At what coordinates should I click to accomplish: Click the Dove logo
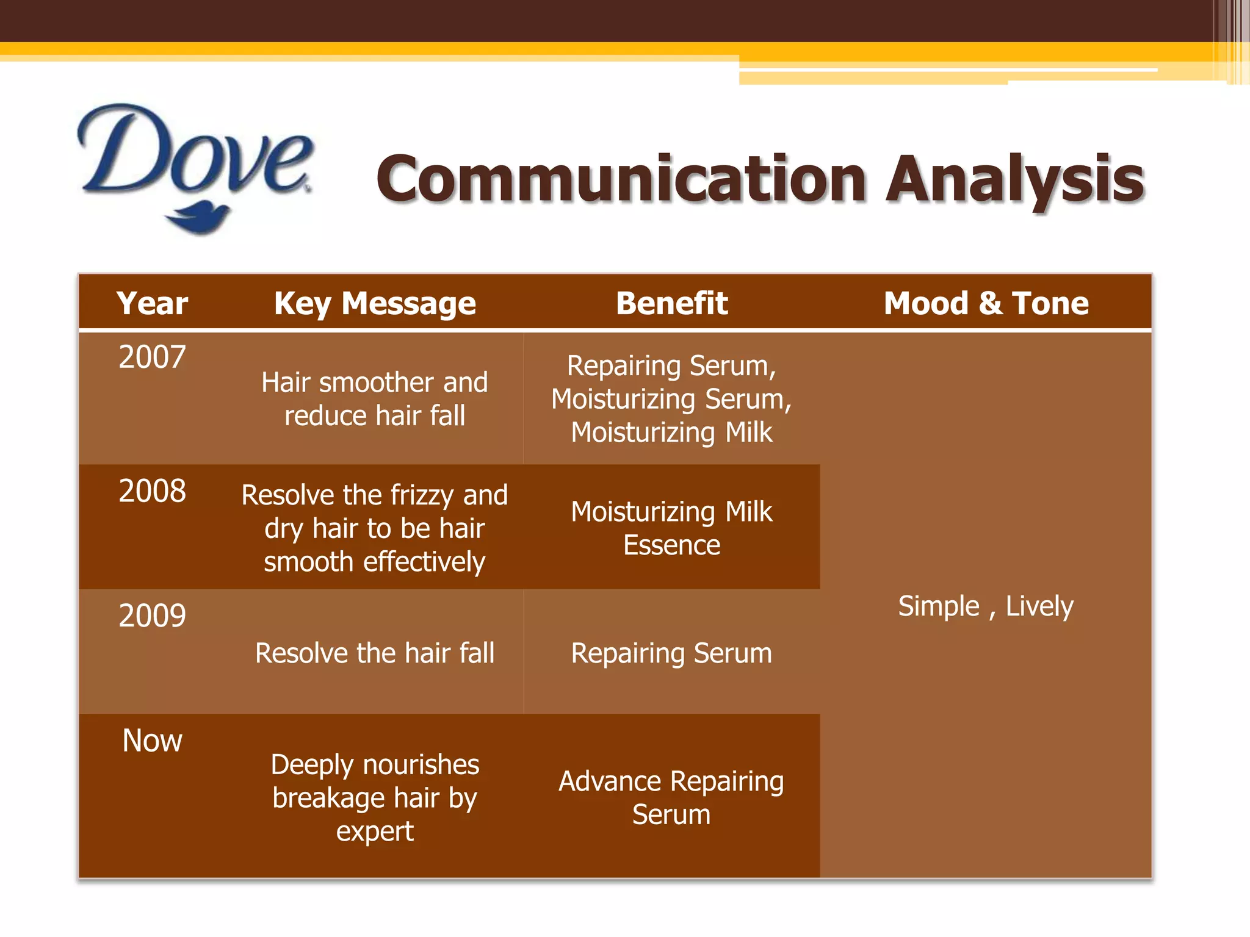pos(195,165)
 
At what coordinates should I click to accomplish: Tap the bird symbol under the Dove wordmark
pos(199,219)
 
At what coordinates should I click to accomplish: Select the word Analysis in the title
pos(1014,179)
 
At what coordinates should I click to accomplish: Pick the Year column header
pos(152,303)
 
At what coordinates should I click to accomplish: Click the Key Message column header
pos(375,303)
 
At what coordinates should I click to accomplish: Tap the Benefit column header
pos(671,303)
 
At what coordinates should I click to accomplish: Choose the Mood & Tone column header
pos(986,303)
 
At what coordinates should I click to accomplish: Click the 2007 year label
pos(152,357)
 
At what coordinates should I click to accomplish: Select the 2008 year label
pos(152,491)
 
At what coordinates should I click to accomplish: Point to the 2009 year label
pos(152,616)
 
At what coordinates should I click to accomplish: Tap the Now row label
pos(152,741)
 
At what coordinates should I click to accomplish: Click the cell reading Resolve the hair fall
pos(375,653)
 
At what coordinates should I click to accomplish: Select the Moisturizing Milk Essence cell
pos(671,528)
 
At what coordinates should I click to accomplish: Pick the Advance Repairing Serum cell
pos(671,798)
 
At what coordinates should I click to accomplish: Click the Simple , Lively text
pos(986,606)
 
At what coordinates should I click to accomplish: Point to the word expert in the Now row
pos(375,831)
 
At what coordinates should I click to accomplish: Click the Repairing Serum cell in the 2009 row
pos(671,653)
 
